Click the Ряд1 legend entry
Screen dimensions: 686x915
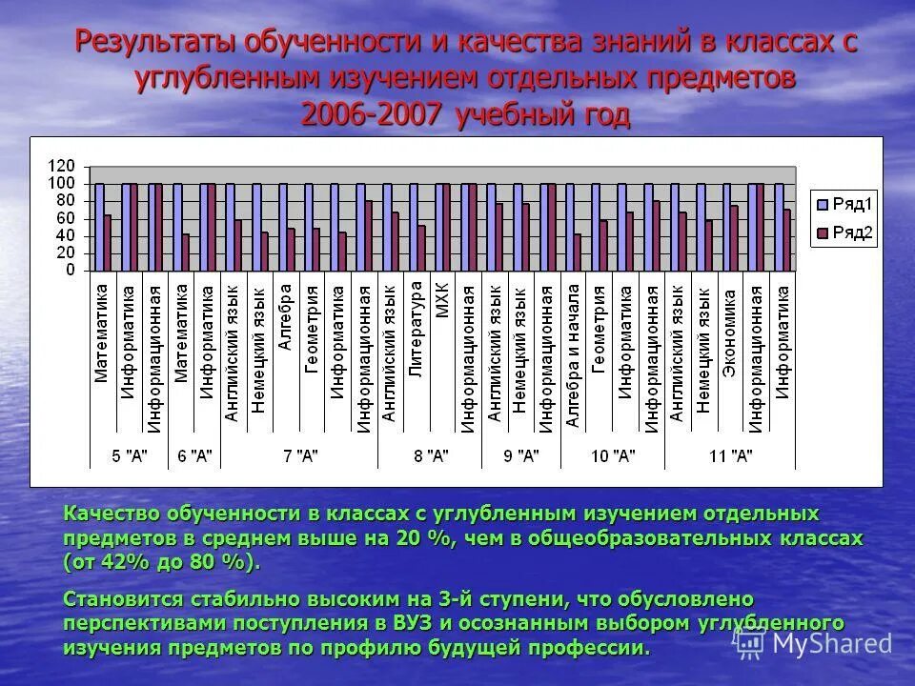[x=844, y=203]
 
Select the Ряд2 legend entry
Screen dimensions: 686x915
[x=844, y=232]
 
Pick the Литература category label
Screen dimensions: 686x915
[x=416, y=329]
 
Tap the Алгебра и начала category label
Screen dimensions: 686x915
[x=572, y=353]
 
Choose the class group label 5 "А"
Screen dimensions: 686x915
[x=130, y=455]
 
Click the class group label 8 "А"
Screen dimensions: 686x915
[x=430, y=455]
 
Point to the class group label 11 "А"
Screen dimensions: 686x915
[x=731, y=455]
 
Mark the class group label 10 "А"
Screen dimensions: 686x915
[x=612, y=455]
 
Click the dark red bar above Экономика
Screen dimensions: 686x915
[x=734, y=237]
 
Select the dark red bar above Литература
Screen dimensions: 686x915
[x=420, y=247]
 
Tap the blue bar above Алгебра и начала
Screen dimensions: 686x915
[x=569, y=227]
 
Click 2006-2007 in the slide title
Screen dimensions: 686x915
[x=372, y=115]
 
